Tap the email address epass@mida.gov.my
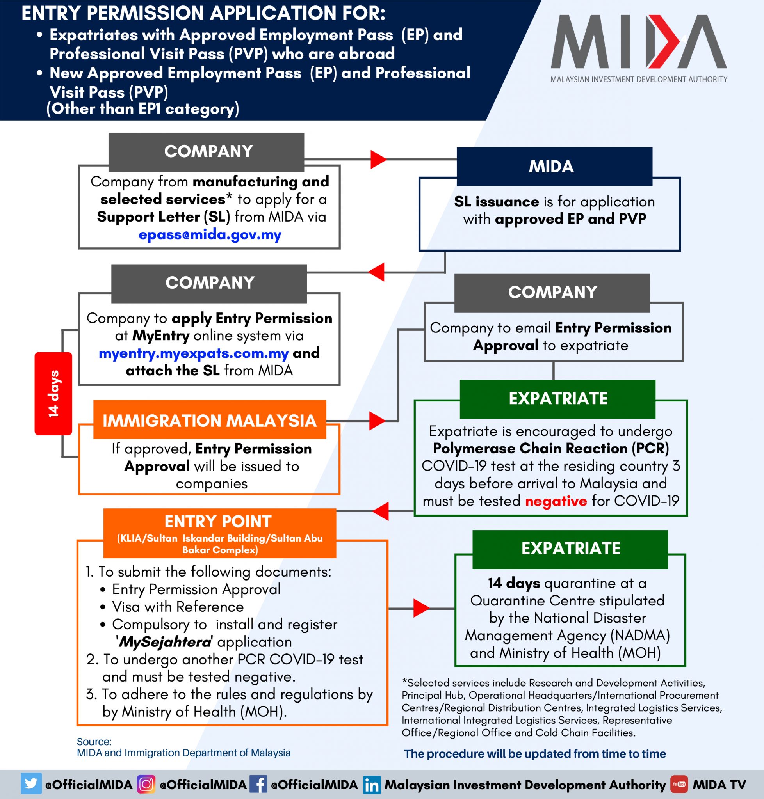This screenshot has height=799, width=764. tap(210, 235)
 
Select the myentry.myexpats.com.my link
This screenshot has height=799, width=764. tap(194, 353)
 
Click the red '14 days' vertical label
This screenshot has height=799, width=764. tap(53, 393)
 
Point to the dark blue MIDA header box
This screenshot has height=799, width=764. tap(554, 167)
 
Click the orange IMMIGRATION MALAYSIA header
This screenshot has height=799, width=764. tap(209, 420)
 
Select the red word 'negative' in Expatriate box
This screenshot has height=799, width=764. tap(556, 501)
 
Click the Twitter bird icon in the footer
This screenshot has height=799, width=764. tap(31, 783)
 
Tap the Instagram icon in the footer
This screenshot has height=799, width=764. tap(146, 784)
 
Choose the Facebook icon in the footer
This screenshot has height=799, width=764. tap(258, 784)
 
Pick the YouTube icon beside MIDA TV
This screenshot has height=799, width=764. tap(679, 784)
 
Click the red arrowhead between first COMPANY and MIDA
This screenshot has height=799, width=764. tap(378, 159)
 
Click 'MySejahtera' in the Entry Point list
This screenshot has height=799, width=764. tap(164, 642)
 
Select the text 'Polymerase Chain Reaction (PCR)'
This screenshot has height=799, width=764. tap(550, 448)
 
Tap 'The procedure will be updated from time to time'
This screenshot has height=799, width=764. tap(534, 754)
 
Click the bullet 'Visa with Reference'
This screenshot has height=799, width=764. tap(178, 607)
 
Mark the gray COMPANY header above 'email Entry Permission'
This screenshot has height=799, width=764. tap(552, 292)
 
